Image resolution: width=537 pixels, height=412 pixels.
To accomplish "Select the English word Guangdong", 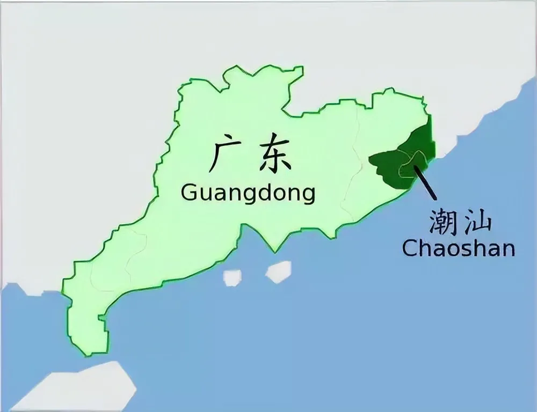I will pyautogui.click(x=248, y=192).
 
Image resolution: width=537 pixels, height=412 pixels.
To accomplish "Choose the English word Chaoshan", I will pyautogui.click(x=458, y=248).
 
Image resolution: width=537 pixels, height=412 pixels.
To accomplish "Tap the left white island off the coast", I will pyautogui.click(x=233, y=277).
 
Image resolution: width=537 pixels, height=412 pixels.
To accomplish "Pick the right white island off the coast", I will pyautogui.click(x=278, y=271).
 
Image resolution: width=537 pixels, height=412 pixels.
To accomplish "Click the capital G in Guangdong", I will pyautogui.click(x=189, y=193).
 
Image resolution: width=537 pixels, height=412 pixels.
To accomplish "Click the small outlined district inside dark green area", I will pyautogui.click(x=411, y=164).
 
